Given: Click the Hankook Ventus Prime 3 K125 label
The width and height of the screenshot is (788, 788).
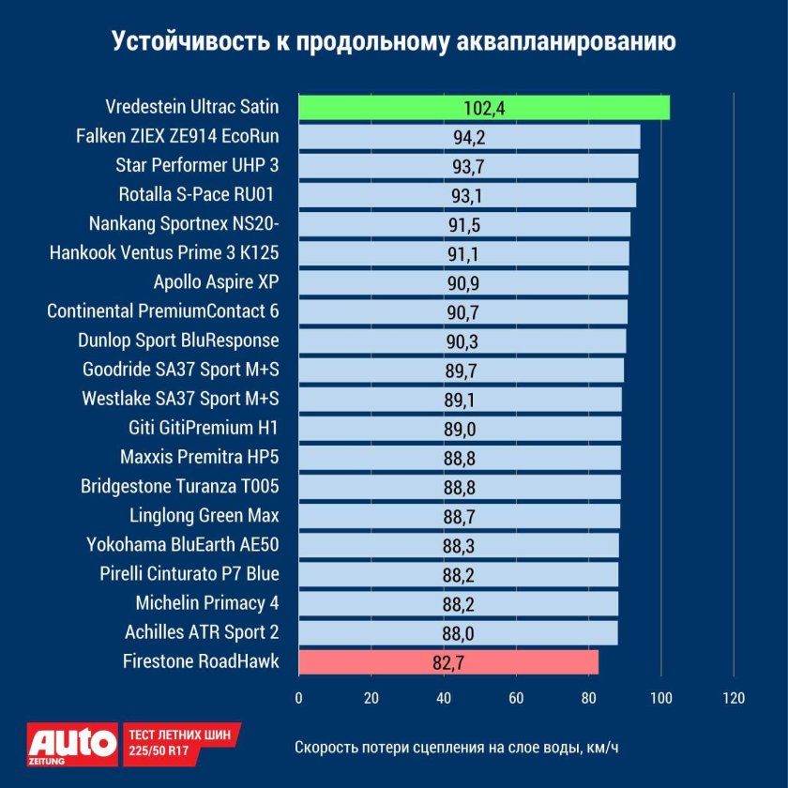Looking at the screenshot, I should point(164,253).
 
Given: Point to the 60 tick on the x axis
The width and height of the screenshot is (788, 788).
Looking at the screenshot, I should point(516,698).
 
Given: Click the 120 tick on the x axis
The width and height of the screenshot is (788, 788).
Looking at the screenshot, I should point(734,698).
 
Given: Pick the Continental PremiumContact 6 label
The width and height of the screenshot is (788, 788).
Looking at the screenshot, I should point(163,311).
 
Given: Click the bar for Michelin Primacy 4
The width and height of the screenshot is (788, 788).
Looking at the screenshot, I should point(458,603).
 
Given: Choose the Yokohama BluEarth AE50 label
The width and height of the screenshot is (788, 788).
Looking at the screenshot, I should point(183,545).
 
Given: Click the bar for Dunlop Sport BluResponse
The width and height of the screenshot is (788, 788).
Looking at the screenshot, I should point(462,341).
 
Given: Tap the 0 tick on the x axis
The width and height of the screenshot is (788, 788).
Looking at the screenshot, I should point(298,698).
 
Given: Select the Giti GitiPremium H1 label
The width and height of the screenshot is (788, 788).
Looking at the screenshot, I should point(204,429).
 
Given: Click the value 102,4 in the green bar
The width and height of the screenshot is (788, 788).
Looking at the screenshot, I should point(484,108).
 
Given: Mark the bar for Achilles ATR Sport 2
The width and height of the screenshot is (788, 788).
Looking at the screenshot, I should point(458,632).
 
